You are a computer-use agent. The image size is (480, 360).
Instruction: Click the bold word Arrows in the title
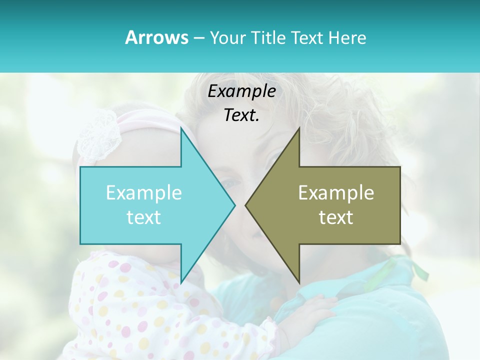pos(156,38)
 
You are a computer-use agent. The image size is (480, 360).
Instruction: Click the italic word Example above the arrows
pos(241,91)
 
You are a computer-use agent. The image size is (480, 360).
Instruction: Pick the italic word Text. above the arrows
pos(241,115)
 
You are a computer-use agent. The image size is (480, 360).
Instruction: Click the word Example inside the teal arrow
pos(144,192)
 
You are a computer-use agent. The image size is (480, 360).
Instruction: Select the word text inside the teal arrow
pos(144,217)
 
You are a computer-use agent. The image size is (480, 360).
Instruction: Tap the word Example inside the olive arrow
pos(336,192)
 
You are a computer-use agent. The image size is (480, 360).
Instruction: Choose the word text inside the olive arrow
pos(336,217)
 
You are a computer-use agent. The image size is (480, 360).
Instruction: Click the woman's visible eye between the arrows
pos(230,183)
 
